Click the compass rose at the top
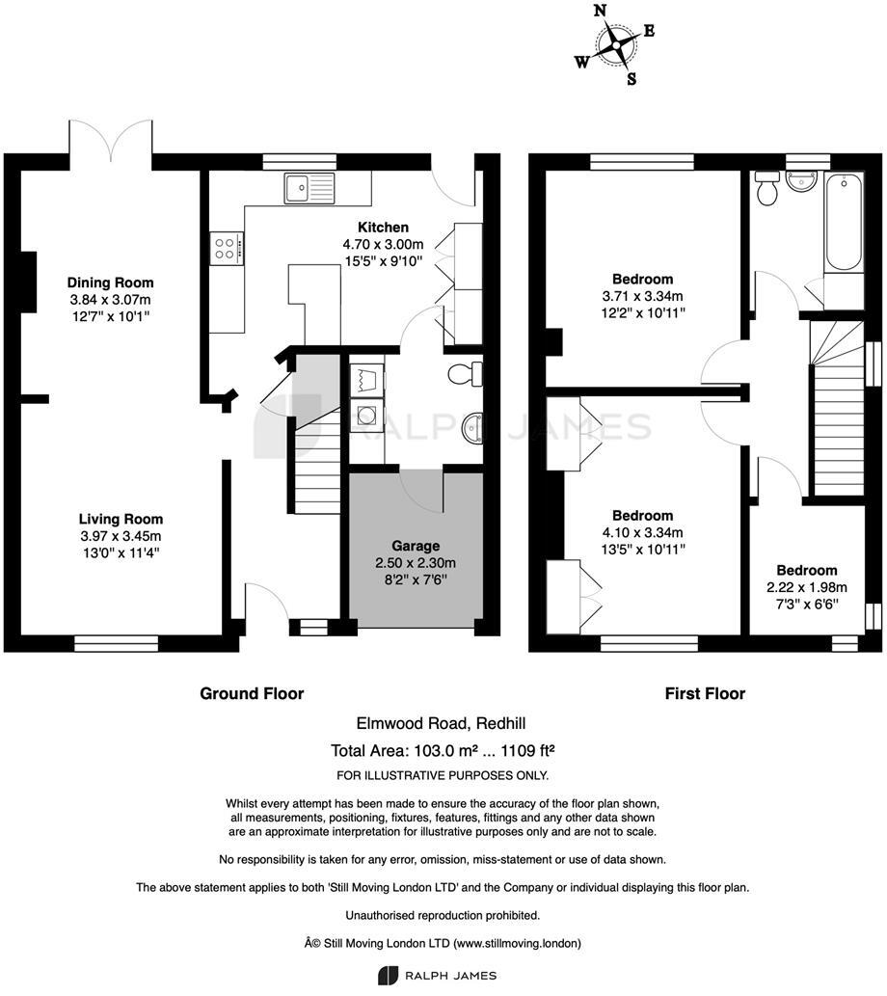[615, 43]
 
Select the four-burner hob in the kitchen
[227, 248]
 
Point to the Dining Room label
[110, 283]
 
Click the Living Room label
[121, 519]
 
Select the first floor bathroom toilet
[768, 189]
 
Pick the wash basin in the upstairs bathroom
[800, 180]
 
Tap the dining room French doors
[111, 141]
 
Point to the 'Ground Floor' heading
[252, 693]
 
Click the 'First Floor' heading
[705, 693]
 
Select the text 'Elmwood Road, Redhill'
[443, 724]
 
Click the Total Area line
[443, 751]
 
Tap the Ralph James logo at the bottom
[443, 974]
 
